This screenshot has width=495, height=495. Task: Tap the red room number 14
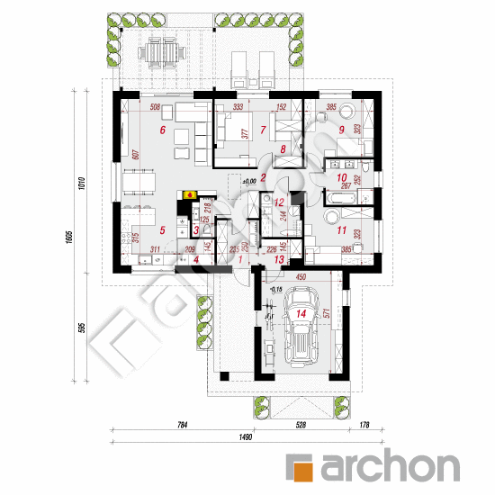(301, 314)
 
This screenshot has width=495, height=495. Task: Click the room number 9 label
(342, 129)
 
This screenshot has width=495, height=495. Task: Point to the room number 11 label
(340, 231)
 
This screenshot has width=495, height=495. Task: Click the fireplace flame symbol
(189, 193)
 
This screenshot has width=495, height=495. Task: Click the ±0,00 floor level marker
(249, 182)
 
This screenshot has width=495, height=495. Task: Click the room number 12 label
(280, 202)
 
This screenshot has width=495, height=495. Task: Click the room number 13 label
(280, 259)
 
